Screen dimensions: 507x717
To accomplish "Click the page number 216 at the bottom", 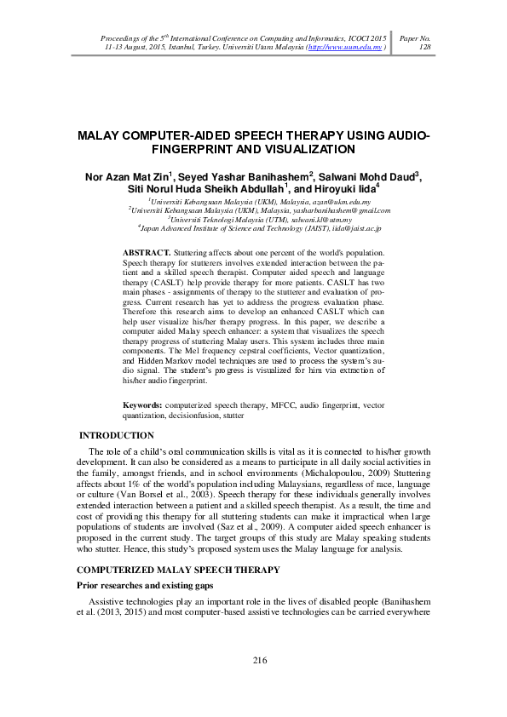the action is (x=260, y=662).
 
